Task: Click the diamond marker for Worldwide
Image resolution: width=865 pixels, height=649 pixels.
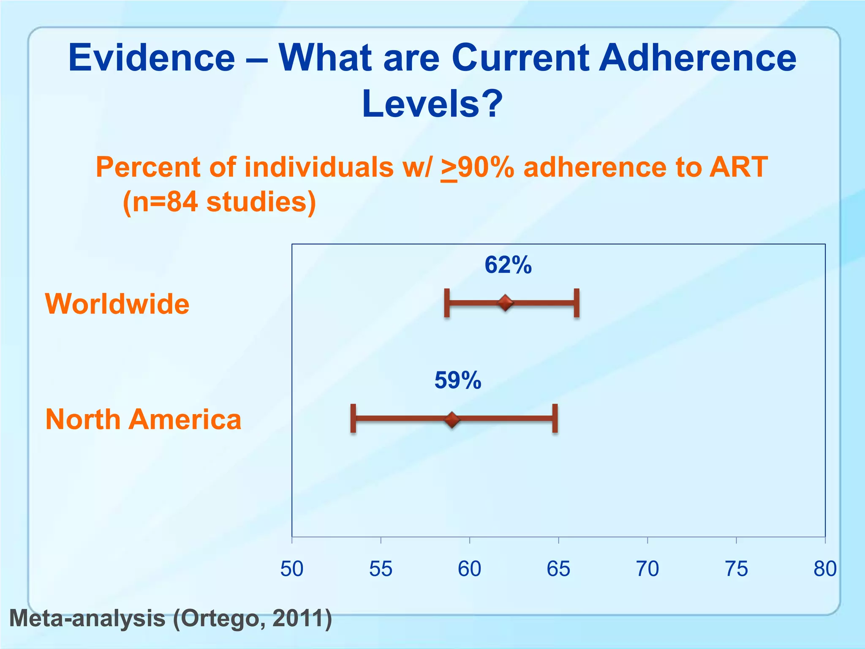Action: click(x=505, y=303)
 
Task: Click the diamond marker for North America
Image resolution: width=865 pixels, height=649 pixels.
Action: click(x=452, y=420)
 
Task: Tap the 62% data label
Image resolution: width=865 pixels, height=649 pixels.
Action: click(x=508, y=265)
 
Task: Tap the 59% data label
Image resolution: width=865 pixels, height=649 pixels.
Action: click(x=458, y=380)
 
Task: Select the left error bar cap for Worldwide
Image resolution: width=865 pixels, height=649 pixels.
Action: click(x=447, y=303)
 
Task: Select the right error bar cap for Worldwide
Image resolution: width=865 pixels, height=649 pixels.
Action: click(x=577, y=303)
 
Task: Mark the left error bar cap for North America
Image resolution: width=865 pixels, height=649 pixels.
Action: click(x=353, y=418)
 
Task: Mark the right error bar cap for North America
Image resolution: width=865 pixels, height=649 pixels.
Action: click(x=555, y=418)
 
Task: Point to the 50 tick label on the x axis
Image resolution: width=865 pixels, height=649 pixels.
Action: click(x=292, y=569)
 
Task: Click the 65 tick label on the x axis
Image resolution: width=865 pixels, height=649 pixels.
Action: click(x=558, y=569)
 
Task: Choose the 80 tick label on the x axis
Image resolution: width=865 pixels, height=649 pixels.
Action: click(x=825, y=569)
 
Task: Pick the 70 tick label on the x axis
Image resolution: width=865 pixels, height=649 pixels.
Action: click(x=647, y=569)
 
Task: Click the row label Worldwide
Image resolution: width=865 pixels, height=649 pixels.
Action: click(x=117, y=304)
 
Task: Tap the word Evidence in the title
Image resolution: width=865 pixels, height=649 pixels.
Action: click(x=152, y=58)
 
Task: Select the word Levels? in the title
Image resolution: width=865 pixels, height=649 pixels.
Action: click(x=432, y=104)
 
